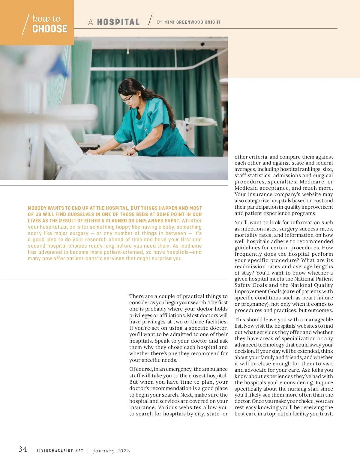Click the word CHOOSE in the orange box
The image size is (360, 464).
(x=50, y=29)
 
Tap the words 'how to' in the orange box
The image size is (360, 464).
(x=46, y=18)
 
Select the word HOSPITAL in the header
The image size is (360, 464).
(x=118, y=22)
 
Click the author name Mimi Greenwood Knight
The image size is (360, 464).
(x=192, y=22)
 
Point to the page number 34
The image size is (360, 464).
(x=23, y=449)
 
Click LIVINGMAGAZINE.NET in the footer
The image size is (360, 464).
(x=60, y=451)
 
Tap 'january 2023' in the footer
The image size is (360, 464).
(x=112, y=451)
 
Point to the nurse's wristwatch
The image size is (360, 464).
(x=135, y=149)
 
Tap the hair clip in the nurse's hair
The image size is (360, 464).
(x=143, y=88)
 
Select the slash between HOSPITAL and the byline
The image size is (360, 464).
(x=150, y=20)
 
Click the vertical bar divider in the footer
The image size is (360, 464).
(x=88, y=451)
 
